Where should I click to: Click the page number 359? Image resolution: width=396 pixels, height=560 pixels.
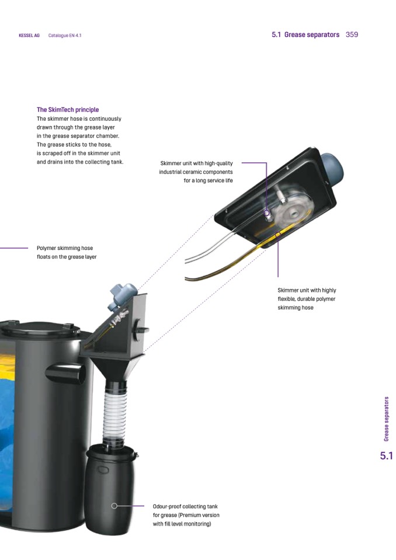pos(352,34)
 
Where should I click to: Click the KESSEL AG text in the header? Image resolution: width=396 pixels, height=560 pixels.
pos(29,36)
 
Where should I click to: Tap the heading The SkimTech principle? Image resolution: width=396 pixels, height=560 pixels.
pos(68,110)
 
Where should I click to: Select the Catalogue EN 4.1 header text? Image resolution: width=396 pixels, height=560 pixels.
pos(65,36)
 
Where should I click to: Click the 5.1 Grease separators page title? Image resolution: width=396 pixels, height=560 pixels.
pos(305,34)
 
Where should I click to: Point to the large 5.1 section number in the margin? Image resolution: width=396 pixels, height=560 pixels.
pos(386,455)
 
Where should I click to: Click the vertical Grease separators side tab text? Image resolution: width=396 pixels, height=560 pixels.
pos(386,419)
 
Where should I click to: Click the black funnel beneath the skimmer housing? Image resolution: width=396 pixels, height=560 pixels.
pos(115,369)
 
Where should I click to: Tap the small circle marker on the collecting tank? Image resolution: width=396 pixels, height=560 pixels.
pos(114,506)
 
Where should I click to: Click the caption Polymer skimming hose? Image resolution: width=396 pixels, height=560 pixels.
pos(65,248)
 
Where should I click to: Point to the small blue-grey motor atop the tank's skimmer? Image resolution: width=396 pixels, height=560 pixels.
pos(122,294)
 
